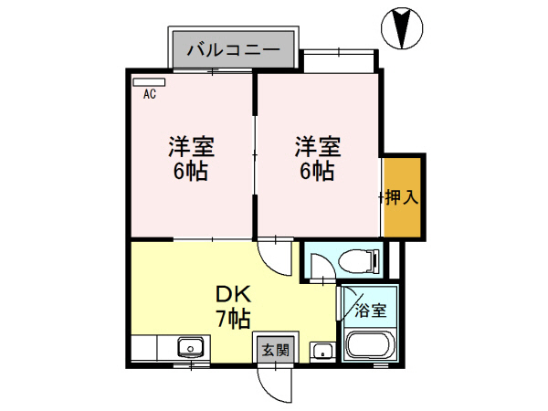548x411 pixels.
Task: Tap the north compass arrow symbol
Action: (403, 27)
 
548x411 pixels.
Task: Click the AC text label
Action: (148, 93)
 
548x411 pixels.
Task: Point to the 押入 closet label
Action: (402, 197)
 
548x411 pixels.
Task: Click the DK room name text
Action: (233, 295)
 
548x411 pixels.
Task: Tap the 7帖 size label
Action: (233, 319)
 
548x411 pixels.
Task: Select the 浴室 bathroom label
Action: (370, 311)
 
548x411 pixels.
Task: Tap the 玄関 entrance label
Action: (274, 349)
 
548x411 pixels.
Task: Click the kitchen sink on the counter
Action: (189, 347)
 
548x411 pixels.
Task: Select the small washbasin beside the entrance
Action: (321, 350)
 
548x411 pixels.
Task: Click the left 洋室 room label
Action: (190, 146)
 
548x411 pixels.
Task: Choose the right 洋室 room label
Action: (317, 146)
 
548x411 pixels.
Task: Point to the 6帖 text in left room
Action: (190, 171)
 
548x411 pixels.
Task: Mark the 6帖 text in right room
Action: (317, 171)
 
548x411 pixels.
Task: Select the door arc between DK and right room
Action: (274, 253)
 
